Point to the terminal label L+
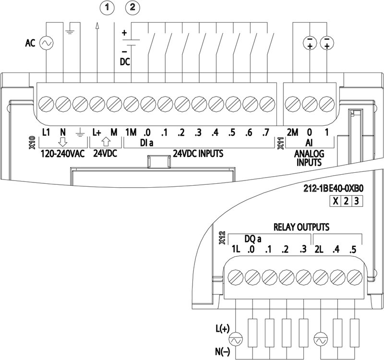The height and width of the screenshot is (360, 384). [96, 132]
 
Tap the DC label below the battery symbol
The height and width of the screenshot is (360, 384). [124, 61]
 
